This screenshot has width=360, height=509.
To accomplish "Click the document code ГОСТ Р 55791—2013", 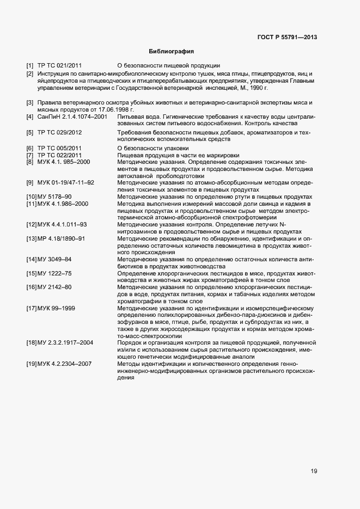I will click(286, 37).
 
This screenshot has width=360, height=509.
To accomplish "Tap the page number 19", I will click(314, 471).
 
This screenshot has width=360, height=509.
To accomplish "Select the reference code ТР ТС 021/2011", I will click(59, 66).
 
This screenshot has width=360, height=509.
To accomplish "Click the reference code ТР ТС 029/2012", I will click(59, 132).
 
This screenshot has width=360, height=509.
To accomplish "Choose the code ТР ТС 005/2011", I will click(59, 148).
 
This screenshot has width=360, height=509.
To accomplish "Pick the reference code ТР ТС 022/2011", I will click(59, 155).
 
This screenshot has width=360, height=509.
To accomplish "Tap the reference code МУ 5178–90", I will click(54, 197).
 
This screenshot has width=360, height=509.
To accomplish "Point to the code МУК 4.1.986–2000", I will click(63, 204).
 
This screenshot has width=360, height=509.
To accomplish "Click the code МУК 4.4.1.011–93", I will click(63, 225).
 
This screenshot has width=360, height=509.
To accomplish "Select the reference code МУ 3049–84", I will click(54, 260).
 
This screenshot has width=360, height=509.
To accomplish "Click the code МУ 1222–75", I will click(54, 273).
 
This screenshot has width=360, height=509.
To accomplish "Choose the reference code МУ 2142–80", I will click(54, 287).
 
